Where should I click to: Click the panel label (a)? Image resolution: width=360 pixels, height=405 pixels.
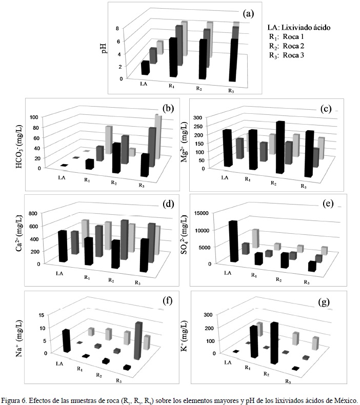(249, 14)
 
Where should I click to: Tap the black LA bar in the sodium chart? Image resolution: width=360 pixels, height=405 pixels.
(67, 340)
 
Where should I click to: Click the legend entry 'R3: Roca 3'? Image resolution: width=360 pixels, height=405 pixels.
(287, 55)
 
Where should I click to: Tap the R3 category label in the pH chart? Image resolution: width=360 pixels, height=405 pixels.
(231, 91)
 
